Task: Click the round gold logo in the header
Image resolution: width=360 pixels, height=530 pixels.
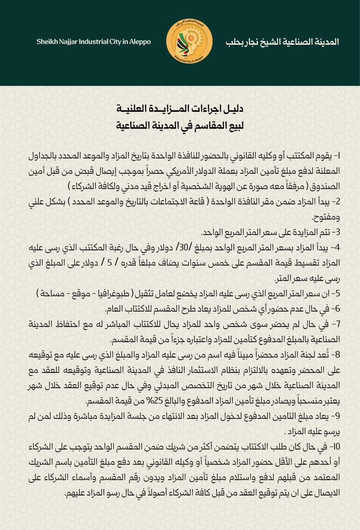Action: tap(189, 42)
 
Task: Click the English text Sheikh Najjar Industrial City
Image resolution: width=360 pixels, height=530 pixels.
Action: tap(94, 42)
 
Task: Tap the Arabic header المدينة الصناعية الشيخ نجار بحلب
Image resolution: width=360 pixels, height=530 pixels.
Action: tap(282, 42)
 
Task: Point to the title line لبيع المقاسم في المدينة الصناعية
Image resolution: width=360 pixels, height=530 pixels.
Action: tap(180, 126)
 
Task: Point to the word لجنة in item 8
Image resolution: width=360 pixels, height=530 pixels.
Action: tap(309, 355)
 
